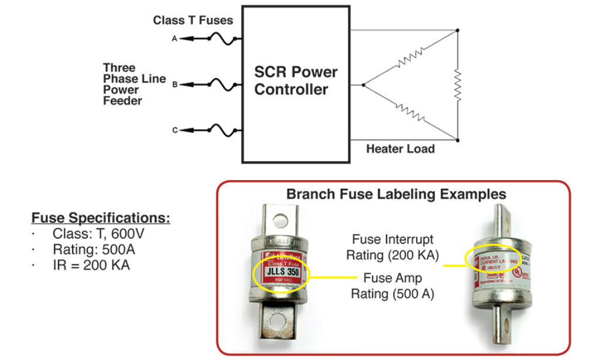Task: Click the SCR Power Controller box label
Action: click(x=296, y=81)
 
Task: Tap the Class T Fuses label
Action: click(x=193, y=21)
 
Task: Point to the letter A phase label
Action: click(x=175, y=39)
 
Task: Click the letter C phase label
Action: click(x=175, y=130)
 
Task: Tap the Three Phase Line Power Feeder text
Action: click(x=134, y=84)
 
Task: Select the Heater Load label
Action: click(x=400, y=149)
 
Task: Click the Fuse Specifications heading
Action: click(x=100, y=219)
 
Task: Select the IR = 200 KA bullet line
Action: click(x=91, y=265)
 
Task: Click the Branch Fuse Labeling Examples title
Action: click(x=396, y=194)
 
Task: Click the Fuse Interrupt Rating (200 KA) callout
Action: click(x=393, y=247)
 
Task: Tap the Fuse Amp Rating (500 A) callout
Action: click(x=393, y=286)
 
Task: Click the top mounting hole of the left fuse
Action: click(x=279, y=220)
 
